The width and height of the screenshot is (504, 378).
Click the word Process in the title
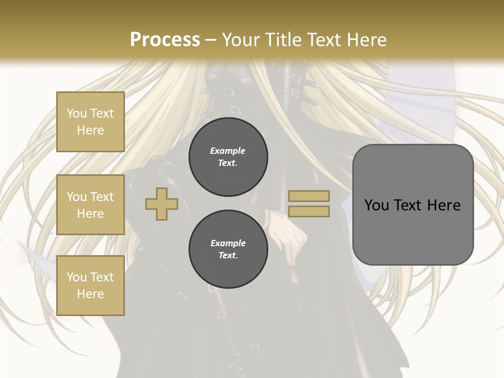[x=165, y=40]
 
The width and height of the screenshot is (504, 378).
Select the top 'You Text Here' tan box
[x=90, y=122]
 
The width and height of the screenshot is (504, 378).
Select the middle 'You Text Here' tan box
[x=90, y=205]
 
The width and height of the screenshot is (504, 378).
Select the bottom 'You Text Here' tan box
[x=90, y=285]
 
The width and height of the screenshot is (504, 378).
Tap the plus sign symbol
[x=162, y=204]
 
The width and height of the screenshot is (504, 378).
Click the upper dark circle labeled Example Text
[x=228, y=156]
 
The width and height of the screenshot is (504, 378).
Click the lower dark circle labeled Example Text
[x=228, y=249]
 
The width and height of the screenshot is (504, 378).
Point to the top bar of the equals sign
[x=309, y=196]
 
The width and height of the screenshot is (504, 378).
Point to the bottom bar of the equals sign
[x=309, y=211]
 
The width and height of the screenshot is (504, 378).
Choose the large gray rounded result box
[x=413, y=204]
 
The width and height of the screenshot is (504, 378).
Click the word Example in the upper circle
[x=228, y=151]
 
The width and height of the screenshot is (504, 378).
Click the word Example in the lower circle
[x=228, y=243]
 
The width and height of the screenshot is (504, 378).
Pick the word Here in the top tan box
[x=90, y=130]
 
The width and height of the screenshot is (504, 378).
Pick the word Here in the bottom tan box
[x=90, y=294]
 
